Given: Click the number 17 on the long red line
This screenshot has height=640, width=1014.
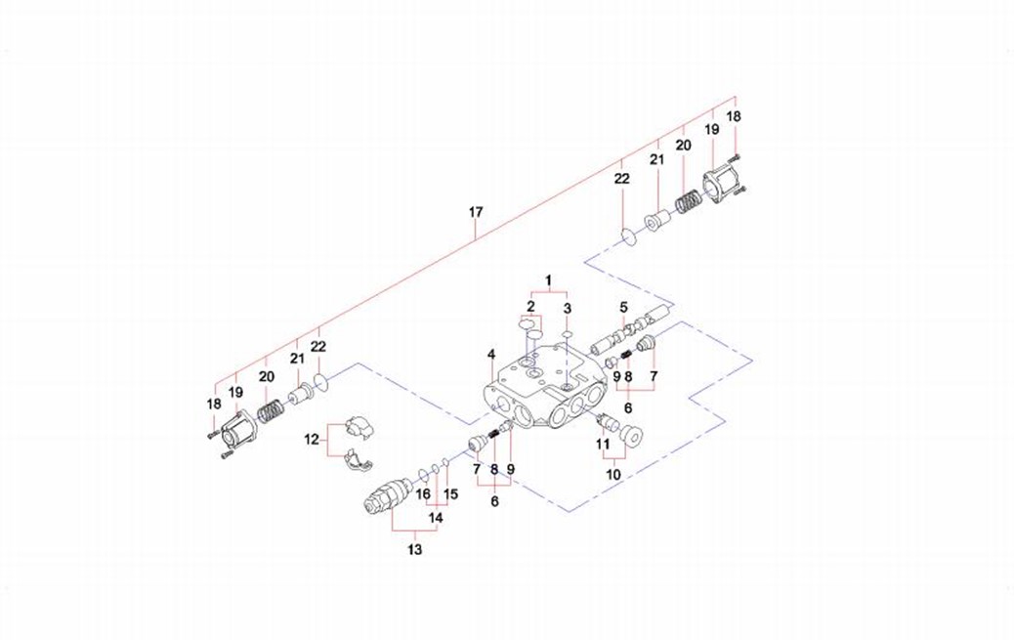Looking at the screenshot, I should click(476, 212).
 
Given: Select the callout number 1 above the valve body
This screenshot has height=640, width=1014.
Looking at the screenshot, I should click(549, 280).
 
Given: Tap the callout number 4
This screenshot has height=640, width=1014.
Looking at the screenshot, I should click(491, 354).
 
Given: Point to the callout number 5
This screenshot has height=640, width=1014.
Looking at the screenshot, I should click(622, 307).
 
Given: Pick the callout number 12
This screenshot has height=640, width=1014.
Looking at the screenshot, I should click(312, 440).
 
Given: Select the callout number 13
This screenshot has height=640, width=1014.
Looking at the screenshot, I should click(415, 550).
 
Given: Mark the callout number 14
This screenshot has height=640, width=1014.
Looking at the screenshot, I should click(437, 517).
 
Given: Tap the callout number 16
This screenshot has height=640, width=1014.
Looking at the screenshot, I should click(423, 494).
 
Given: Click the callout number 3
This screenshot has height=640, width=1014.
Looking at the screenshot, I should click(568, 309).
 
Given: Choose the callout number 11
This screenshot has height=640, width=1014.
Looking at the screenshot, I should click(604, 445).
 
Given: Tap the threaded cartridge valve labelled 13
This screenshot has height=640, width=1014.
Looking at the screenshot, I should click(382, 495).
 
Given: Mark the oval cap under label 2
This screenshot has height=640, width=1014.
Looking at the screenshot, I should click(531, 325).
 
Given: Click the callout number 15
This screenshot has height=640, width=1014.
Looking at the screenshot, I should click(451, 494).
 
